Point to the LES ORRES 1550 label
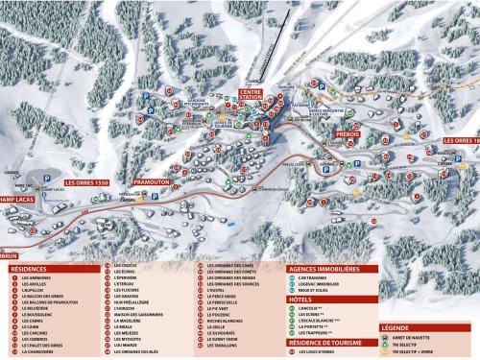(87, 181)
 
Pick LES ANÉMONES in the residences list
(38, 278)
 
